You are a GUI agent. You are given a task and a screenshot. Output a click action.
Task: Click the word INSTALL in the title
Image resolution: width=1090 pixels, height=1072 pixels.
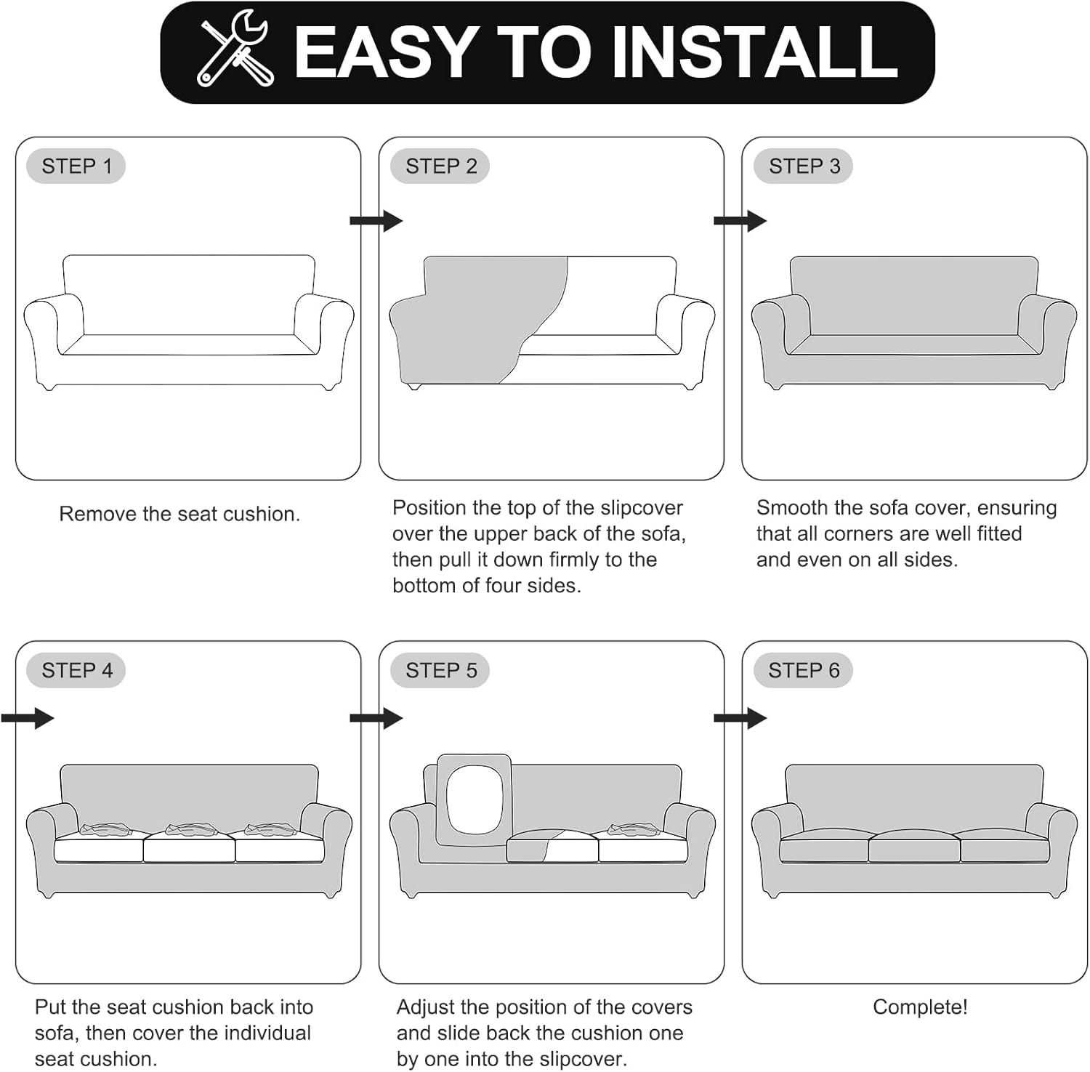click(756, 52)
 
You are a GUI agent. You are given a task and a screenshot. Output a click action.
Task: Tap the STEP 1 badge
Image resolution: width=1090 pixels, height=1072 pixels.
click(76, 166)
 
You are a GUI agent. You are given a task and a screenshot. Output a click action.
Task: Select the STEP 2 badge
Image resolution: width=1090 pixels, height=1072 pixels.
click(440, 166)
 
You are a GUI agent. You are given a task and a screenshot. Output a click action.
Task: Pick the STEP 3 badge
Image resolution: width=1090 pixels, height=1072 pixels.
click(804, 166)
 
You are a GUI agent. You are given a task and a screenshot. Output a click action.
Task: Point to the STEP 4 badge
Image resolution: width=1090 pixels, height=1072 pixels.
click(76, 670)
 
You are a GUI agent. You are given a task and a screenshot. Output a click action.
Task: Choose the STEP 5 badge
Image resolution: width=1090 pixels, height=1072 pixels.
click(440, 670)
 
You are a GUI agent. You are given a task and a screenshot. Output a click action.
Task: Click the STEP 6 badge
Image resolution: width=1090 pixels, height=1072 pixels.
click(804, 670)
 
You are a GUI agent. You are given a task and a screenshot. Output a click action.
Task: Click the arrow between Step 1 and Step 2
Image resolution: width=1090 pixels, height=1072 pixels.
click(376, 221)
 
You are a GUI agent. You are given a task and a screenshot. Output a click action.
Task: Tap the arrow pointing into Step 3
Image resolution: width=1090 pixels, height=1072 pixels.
click(740, 221)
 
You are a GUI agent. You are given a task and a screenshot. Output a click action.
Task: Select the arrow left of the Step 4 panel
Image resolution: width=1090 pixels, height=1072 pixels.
click(28, 718)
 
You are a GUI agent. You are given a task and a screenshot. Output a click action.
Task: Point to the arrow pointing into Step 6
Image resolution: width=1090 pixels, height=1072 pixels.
click(740, 718)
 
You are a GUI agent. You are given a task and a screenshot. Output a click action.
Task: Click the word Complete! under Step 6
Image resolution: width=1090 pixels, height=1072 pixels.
click(920, 1007)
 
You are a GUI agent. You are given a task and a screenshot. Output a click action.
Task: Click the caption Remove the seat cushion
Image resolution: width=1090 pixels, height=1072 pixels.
click(179, 514)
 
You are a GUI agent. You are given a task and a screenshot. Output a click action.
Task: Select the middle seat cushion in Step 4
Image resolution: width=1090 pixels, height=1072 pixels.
click(189, 847)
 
